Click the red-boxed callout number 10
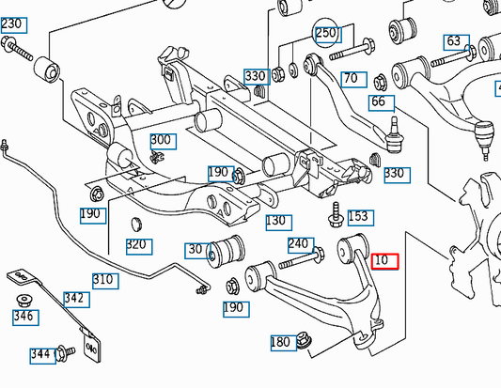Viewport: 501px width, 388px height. click(385, 261)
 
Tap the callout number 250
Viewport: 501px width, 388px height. click(325, 34)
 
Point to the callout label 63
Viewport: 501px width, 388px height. click(455, 41)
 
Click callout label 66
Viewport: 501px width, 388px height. click(378, 101)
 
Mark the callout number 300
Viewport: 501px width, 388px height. click(161, 140)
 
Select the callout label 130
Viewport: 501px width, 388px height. click(275, 222)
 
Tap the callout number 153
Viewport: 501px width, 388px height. click(358, 216)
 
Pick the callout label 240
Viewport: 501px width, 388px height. click(298, 244)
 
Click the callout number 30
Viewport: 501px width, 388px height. click(196, 250)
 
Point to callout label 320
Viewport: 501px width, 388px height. click(137, 246)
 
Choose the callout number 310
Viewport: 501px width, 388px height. click(104, 280)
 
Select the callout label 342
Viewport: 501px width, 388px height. click(76, 300)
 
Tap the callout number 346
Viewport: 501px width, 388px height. click(22, 318)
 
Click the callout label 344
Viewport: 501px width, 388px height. click(39, 354)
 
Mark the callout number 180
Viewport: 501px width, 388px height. click(280, 343)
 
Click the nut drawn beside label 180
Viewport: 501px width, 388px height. click(305, 340)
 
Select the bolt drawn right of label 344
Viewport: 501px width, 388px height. click(66, 353)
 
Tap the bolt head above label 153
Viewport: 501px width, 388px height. click(335, 209)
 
